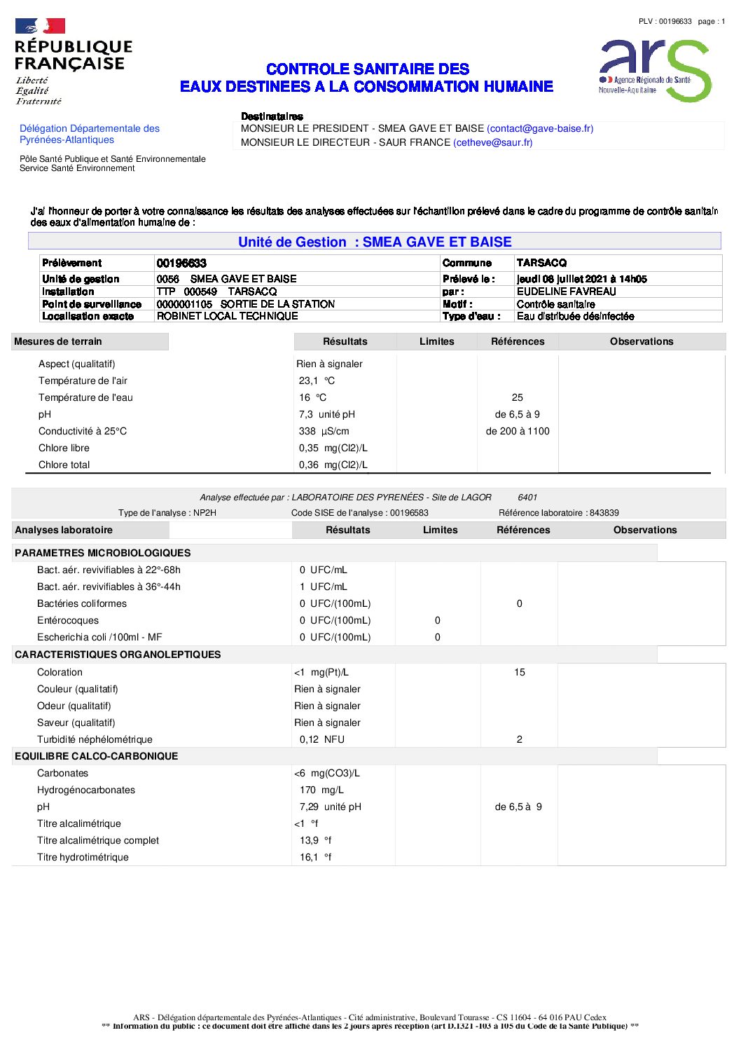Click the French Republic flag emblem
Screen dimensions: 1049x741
tap(40, 27)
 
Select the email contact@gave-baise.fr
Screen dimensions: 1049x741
tap(540, 128)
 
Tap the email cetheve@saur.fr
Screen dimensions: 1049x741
tap(493, 142)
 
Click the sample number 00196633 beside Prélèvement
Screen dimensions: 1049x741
tap(181, 263)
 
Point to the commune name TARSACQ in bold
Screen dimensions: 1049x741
tap(541, 263)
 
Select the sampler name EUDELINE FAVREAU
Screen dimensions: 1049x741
tap(566, 292)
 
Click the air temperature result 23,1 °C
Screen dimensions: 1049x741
tap(317, 380)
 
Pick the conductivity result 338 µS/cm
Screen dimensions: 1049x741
tap(324, 431)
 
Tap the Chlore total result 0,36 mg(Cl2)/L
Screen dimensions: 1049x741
tap(333, 465)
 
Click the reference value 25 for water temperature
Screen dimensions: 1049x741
tap(518, 397)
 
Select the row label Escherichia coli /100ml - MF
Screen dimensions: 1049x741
tap(99, 637)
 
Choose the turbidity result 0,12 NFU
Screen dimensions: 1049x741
tap(321, 739)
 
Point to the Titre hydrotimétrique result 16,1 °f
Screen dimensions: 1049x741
tap(315, 857)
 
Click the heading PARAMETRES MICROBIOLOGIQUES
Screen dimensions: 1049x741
tap(102, 553)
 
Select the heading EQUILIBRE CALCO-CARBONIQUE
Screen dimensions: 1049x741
tap(96, 756)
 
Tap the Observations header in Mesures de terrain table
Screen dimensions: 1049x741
tap(642, 341)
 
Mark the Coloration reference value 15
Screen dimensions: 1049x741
tap(520, 672)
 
